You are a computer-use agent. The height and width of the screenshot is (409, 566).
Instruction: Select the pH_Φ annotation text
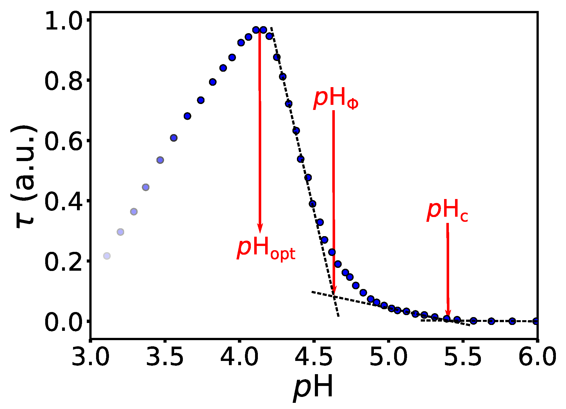coord(336,99)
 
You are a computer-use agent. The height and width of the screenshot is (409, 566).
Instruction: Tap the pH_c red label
coord(447,211)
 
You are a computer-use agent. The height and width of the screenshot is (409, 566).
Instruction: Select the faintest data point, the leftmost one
coord(107,256)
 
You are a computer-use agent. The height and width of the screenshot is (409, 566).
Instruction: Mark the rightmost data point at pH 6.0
coord(536,321)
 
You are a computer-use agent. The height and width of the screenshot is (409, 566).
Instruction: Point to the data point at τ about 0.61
coord(174,138)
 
